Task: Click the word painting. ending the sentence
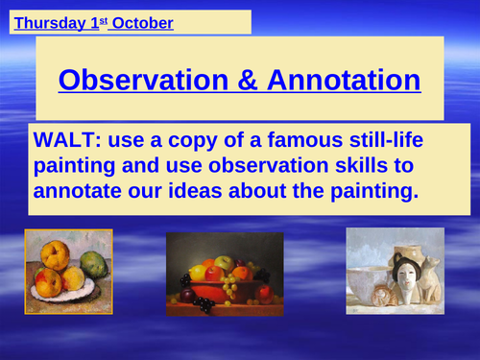coord(370,191)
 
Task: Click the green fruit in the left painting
coord(93,263)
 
